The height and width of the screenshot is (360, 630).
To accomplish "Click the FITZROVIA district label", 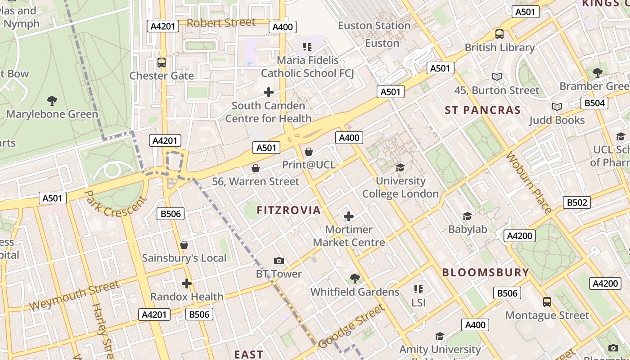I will point(288,210).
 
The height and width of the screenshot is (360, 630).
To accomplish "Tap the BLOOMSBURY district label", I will point(486,272).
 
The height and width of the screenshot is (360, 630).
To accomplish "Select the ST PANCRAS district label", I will point(483,110).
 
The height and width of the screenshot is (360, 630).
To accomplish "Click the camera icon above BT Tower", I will point(279,261).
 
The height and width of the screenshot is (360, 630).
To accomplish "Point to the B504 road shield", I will point(594,103).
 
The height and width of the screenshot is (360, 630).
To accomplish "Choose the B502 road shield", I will point(576,202).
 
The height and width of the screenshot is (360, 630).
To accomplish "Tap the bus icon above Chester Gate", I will point(162,63).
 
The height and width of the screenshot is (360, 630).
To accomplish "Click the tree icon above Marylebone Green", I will point(52,100).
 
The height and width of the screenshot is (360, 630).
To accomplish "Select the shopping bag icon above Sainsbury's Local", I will point(184,245).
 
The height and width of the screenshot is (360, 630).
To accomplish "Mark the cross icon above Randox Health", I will point(187,283).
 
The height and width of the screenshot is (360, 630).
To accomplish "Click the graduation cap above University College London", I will point(400,168).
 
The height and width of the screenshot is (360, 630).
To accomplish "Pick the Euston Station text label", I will point(374,26).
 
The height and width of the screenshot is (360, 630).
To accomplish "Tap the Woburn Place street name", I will point(528,182).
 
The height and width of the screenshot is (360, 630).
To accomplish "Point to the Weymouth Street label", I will point(75,295).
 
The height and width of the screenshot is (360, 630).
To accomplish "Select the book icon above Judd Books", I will point(557,107).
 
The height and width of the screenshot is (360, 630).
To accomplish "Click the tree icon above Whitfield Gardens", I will point(355,279).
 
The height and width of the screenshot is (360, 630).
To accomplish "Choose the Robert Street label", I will point(221,22).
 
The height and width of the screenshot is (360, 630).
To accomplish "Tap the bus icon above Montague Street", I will point(547,302).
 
